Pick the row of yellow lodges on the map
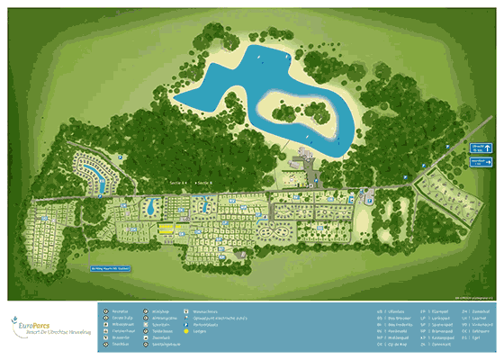click(167, 228)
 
